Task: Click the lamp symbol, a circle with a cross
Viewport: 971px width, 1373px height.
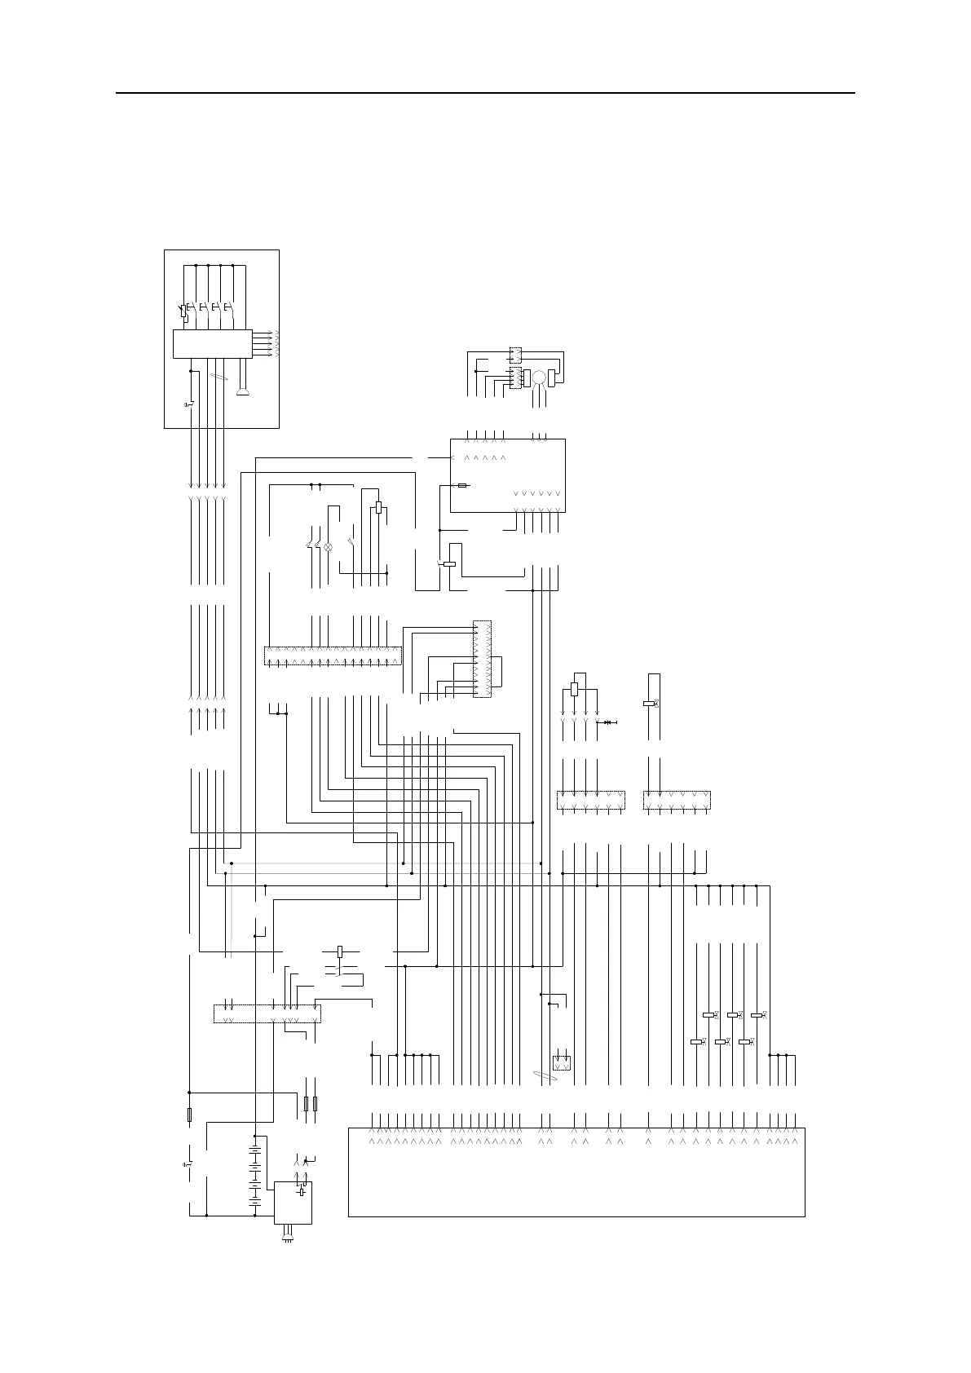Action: click(329, 546)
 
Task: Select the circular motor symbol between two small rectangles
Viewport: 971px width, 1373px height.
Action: click(538, 377)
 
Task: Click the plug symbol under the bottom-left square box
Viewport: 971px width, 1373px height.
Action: click(286, 1239)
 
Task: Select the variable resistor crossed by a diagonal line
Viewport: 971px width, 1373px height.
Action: click(183, 311)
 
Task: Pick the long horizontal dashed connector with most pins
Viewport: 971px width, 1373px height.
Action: click(333, 656)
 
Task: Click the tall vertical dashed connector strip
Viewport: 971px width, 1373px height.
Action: click(482, 660)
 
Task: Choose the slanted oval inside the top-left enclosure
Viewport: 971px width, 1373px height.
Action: click(218, 377)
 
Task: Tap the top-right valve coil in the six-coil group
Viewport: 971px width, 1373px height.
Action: click(757, 1015)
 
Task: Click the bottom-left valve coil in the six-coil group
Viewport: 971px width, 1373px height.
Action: click(697, 1042)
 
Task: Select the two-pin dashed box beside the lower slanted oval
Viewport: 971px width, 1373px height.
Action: click(561, 1063)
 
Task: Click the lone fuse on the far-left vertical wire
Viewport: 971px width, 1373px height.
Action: click(189, 1115)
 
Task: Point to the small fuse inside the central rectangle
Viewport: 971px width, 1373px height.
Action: click(462, 485)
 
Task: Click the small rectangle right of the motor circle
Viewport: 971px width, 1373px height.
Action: click(552, 378)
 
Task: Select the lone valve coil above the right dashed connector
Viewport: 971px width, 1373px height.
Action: click(650, 704)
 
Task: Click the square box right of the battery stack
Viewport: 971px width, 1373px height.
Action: click(294, 1202)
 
